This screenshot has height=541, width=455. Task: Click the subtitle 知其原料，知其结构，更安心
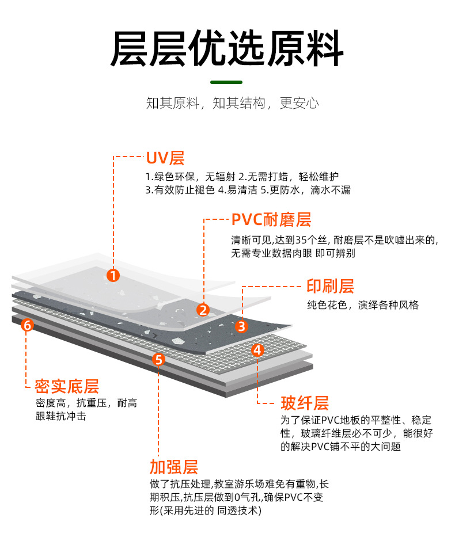(x=232, y=104)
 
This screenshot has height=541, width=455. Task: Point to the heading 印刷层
(x=330, y=286)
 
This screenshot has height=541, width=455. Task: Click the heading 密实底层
(x=67, y=386)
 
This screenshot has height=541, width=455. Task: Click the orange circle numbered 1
(x=113, y=276)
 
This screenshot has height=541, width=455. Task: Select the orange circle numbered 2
(x=203, y=310)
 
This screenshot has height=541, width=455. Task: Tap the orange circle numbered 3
(x=242, y=326)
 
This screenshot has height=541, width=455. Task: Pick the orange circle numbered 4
(x=258, y=349)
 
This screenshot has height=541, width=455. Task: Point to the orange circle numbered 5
(x=160, y=360)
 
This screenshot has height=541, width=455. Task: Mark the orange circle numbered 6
(x=27, y=325)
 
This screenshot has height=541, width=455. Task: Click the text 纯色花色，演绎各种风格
(x=362, y=305)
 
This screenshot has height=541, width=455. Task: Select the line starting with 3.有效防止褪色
(x=248, y=189)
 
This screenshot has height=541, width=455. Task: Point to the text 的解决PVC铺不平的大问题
(x=340, y=446)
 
